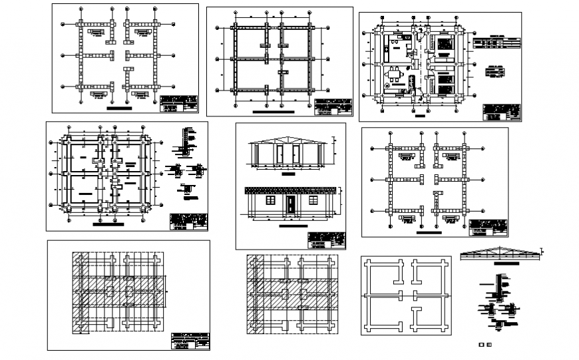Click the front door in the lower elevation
click(x=291, y=206)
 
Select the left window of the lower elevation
click(x=271, y=200)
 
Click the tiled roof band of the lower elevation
click(x=290, y=190)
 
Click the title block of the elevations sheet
click(x=327, y=240)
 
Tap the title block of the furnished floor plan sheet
click(x=500, y=112)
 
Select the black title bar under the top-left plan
click(x=119, y=106)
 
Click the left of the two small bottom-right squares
click(x=481, y=345)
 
